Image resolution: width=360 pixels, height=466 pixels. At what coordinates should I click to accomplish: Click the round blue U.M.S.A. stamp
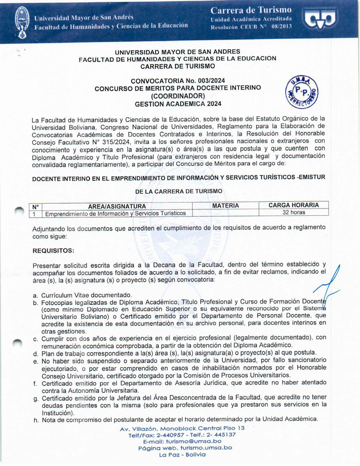point(302,92)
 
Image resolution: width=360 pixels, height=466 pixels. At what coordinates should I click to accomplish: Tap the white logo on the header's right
point(320,19)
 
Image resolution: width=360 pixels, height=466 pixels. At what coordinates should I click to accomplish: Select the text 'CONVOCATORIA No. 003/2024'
point(178,81)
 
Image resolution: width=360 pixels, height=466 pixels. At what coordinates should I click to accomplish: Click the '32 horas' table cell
point(293,212)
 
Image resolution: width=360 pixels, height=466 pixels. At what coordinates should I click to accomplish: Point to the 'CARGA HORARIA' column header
point(293,205)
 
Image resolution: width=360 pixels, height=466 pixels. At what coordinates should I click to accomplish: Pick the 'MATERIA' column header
point(225,206)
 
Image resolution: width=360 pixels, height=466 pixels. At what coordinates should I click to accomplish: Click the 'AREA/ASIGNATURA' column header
point(117,206)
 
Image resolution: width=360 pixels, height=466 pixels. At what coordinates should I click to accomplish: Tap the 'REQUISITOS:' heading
point(53,251)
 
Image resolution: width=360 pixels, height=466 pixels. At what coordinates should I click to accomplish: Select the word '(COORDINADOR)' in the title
point(178,96)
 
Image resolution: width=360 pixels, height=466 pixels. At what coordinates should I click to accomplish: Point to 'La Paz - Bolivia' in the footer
point(182,455)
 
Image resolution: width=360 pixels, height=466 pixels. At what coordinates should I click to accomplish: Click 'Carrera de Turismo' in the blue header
point(251,10)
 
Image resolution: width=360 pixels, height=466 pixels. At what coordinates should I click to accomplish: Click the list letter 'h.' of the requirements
point(36,420)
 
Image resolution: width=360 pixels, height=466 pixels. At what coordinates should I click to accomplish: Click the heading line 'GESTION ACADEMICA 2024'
point(178,104)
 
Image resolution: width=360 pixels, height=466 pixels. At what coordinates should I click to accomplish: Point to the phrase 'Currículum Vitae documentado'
point(86,295)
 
